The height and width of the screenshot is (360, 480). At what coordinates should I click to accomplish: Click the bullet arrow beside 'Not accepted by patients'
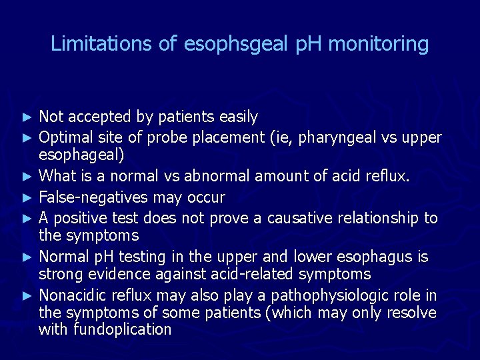(27, 117)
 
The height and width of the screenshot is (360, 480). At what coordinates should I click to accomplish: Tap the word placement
(229, 137)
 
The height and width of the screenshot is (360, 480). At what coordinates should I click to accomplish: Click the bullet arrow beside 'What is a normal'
(27, 177)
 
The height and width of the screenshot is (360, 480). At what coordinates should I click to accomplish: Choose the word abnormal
(217, 177)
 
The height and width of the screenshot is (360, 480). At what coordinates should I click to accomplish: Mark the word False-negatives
(94, 197)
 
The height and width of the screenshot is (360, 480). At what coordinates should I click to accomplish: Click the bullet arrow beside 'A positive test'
(27, 218)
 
